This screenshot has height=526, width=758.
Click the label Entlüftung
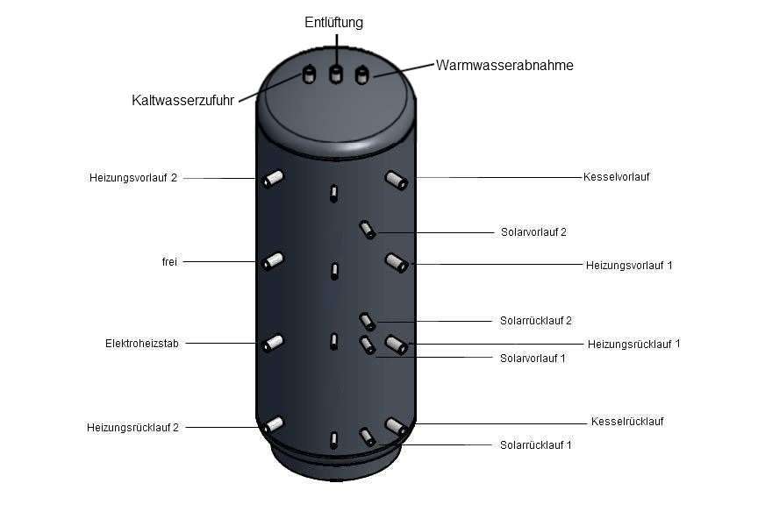333,23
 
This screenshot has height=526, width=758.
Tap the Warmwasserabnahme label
504,65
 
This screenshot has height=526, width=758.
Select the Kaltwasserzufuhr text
182,101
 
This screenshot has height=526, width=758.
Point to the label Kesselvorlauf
617,177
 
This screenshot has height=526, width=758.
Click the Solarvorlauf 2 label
533,231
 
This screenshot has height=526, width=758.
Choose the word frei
169,262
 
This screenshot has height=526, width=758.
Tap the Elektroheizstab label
142,344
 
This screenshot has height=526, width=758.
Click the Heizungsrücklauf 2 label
133,428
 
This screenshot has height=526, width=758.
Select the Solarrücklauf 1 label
536,444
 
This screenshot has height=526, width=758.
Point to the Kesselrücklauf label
627,421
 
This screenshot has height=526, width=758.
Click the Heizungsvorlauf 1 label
629,265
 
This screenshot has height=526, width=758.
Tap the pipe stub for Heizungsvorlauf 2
272,179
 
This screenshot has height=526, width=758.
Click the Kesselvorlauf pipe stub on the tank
397,181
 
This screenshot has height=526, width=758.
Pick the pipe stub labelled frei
272,261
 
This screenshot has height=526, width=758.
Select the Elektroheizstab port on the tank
272,343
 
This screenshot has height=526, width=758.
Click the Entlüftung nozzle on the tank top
335,74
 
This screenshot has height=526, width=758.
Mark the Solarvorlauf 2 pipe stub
368,230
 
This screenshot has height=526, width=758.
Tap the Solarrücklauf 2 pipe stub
368,322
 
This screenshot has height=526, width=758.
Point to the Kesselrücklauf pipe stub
397,427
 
